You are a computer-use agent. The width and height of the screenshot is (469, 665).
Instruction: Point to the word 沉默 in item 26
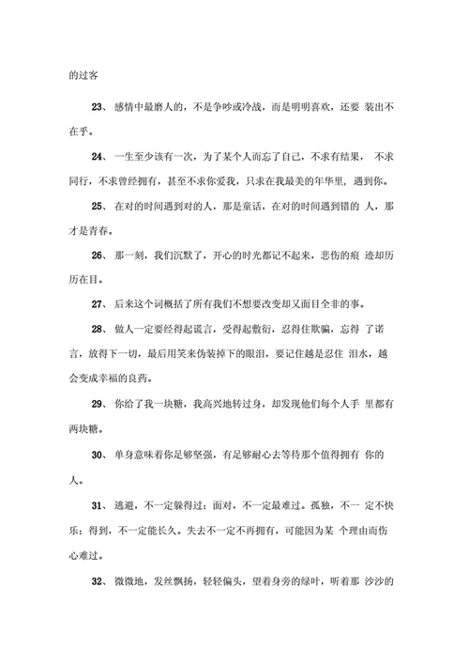209,255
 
